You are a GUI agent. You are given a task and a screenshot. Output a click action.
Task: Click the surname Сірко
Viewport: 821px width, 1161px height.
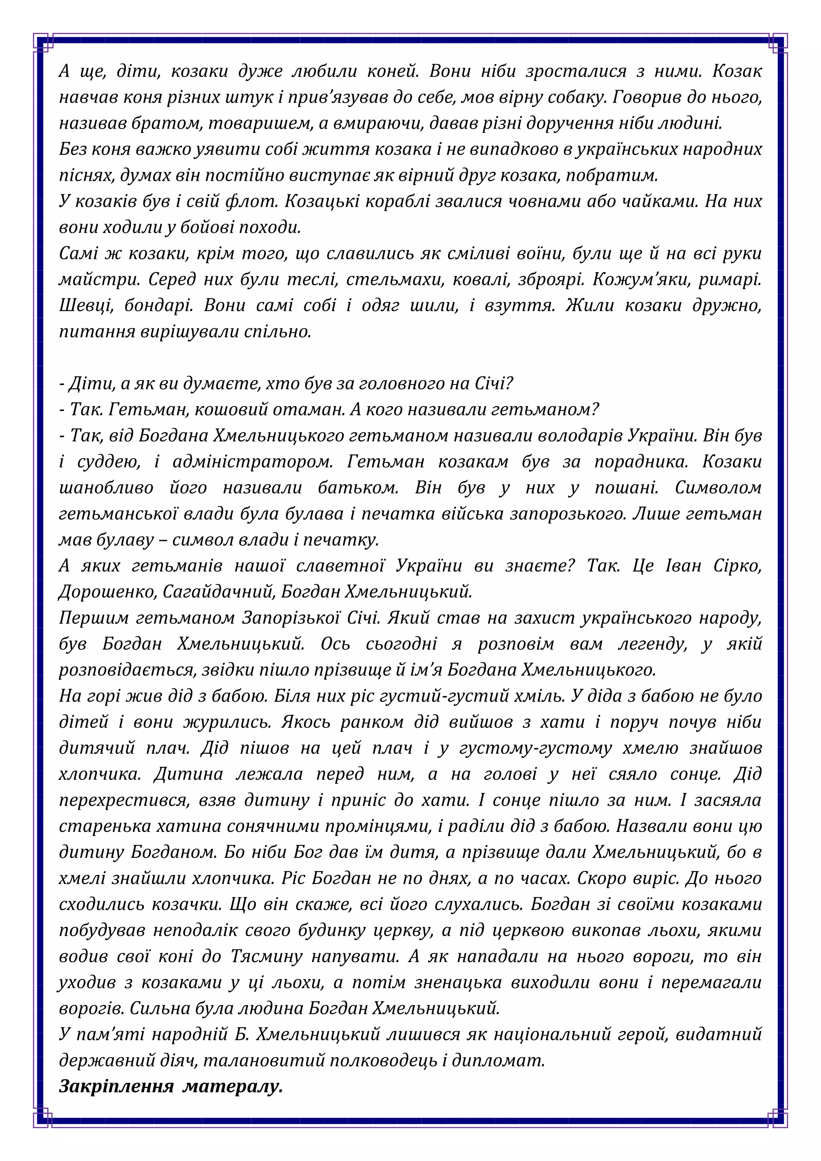[x=737, y=566]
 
